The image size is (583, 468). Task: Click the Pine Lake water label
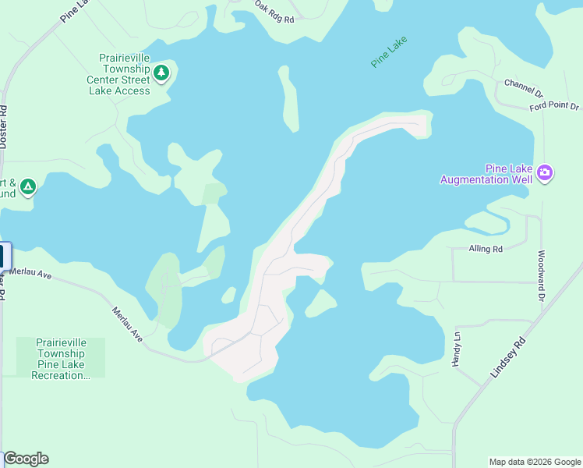click(x=389, y=52)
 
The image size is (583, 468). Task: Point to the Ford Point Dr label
click(x=554, y=106)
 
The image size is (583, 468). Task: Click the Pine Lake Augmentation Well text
click(x=486, y=174)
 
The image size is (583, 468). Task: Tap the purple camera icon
click(x=545, y=172)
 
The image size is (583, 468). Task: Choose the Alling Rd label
click(x=486, y=249)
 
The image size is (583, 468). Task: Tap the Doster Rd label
click(x=4, y=127)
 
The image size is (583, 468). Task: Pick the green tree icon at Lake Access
click(x=161, y=73)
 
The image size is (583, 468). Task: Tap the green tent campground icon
click(x=27, y=186)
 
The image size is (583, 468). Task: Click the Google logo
click(x=26, y=459)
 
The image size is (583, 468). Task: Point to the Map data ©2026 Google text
click(x=535, y=462)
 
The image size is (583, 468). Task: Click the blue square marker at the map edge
click(x=4, y=257)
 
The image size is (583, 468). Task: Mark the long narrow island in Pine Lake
click(x=288, y=97)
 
